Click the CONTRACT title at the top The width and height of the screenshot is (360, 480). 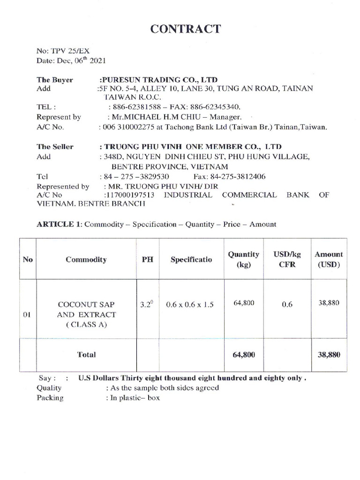185,29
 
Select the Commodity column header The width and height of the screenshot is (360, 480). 86,259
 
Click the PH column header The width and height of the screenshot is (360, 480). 148,259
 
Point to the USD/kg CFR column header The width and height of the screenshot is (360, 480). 287,259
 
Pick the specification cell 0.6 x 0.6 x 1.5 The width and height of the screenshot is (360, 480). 190,305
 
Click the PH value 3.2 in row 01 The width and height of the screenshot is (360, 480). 147,304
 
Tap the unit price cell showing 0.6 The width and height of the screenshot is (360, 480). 287,305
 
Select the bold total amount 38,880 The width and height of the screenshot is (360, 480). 328,355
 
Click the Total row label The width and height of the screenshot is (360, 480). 86,355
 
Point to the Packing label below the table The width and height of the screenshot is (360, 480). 50,397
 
